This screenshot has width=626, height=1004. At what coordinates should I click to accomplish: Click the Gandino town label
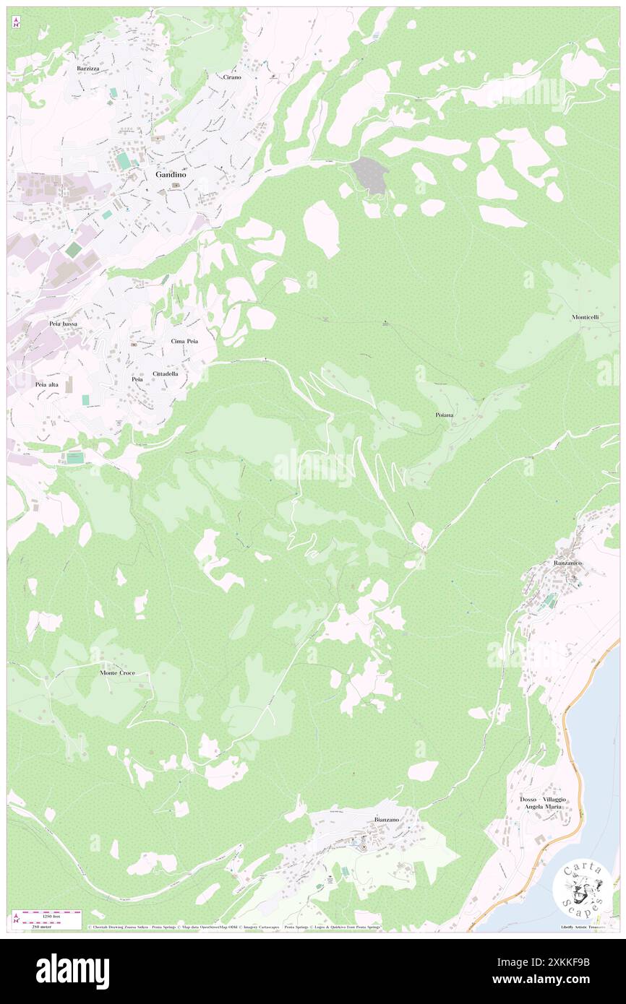coord(171,175)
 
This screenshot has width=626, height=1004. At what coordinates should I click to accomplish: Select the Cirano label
coord(232,77)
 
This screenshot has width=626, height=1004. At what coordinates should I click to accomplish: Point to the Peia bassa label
coord(64,324)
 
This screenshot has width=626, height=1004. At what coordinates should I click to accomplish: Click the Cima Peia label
coord(184,340)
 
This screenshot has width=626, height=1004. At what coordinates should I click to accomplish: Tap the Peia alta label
coord(46,385)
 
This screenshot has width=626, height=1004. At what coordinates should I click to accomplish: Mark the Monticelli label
coord(586,318)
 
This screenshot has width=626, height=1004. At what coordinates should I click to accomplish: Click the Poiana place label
coord(445,415)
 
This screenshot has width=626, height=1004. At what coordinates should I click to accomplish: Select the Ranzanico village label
coord(567,563)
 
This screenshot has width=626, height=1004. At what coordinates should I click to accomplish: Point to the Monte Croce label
coord(117,672)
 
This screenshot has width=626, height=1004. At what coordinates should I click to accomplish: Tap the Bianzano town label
coord(387,819)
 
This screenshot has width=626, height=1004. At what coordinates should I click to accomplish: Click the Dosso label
coord(528,800)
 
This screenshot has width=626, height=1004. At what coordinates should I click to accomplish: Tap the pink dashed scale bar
coord(48,913)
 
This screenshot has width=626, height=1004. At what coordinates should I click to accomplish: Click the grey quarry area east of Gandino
coord(369,175)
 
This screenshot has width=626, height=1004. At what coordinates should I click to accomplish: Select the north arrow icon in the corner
coord(16,22)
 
